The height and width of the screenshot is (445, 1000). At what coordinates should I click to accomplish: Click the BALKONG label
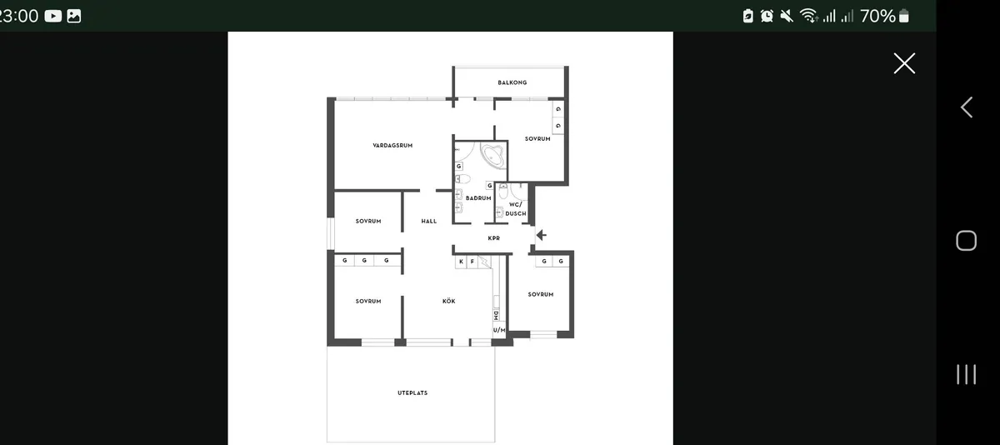pyautogui.click(x=512, y=82)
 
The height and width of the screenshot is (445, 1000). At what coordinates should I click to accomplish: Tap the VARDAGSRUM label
pyautogui.click(x=392, y=146)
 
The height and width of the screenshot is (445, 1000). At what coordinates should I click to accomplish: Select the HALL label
pyautogui.click(x=429, y=221)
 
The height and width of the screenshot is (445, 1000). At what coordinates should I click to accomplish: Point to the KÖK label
pyautogui.click(x=448, y=302)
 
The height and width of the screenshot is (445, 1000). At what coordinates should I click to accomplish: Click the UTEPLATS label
pyautogui.click(x=412, y=392)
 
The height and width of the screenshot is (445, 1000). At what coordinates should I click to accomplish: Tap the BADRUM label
pyautogui.click(x=478, y=198)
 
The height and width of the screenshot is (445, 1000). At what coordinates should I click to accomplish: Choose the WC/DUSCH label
pyautogui.click(x=516, y=209)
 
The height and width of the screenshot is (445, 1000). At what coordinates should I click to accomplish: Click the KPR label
pyautogui.click(x=493, y=238)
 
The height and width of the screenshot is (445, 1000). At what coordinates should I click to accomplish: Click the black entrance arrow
pyautogui.click(x=542, y=235)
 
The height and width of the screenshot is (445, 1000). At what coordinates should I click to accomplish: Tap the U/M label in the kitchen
pyautogui.click(x=499, y=330)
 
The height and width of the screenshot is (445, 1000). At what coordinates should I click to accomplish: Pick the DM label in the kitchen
pyautogui.click(x=496, y=316)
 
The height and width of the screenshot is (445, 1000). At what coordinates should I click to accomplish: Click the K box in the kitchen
pyautogui.click(x=461, y=262)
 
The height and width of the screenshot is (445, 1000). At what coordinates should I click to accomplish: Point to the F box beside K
pyautogui.click(x=472, y=262)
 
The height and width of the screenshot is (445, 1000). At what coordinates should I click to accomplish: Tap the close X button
pyautogui.click(x=904, y=63)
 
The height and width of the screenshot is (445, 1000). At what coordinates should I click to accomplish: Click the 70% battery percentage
pyautogui.click(x=877, y=16)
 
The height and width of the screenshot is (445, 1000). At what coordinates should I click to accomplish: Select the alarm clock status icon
pyautogui.click(x=767, y=16)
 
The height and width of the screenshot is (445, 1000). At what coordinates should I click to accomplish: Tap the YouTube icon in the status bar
pyautogui.click(x=53, y=16)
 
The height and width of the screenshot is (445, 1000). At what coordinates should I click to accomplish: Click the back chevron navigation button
pyautogui.click(x=967, y=107)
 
